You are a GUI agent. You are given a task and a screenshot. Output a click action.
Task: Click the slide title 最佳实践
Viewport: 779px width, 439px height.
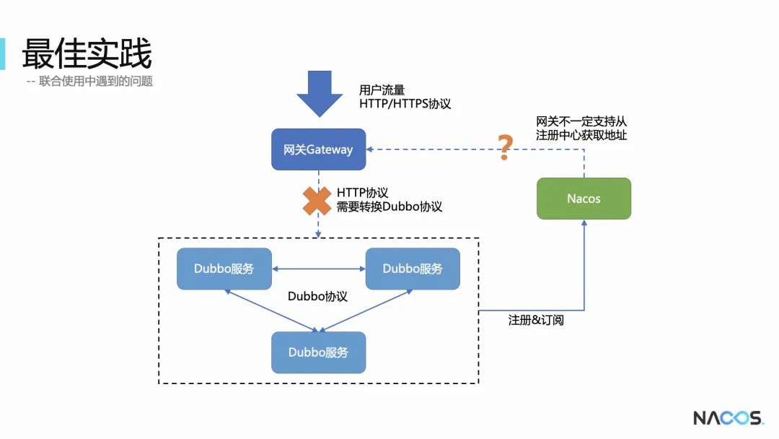[x=87, y=54]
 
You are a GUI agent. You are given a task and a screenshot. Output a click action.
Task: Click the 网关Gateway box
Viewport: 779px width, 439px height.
[x=318, y=149]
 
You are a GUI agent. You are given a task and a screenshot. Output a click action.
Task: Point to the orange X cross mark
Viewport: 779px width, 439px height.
[x=317, y=201]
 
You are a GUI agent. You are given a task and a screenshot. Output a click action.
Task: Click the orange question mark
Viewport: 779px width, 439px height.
[x=506, y=147]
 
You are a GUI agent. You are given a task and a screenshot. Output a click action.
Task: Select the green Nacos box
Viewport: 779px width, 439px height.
[x=584, y=199]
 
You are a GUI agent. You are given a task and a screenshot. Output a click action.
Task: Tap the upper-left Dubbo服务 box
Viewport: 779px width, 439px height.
[x=224, y=269]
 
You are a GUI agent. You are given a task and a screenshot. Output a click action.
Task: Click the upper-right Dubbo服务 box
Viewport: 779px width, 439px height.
[x=413, y=269]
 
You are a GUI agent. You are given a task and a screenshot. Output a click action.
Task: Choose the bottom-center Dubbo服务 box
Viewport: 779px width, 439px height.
[x=318, y=352]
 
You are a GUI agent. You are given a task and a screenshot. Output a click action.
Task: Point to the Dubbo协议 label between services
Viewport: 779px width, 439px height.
[x=317, y=297]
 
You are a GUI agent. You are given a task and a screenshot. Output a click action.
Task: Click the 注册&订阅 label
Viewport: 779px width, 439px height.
[x=536, y=320]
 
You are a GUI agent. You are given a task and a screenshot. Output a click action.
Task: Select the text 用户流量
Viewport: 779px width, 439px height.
[x=382, y=90]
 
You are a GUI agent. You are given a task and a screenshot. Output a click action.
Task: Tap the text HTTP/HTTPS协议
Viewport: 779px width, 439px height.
[x=405, y=104]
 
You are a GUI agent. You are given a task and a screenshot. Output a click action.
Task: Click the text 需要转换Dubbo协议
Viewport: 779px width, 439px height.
[x=389, y=207]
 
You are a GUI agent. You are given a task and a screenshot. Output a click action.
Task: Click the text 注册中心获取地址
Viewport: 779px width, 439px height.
[x=581, y=135]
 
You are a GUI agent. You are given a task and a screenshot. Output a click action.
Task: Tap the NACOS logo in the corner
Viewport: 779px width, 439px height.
[x=728, y=418]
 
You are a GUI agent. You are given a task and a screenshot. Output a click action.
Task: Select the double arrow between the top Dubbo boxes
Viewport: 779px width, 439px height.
[x=319, y=269]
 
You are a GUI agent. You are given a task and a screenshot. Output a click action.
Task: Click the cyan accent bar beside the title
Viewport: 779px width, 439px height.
[x=2, y=53]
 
